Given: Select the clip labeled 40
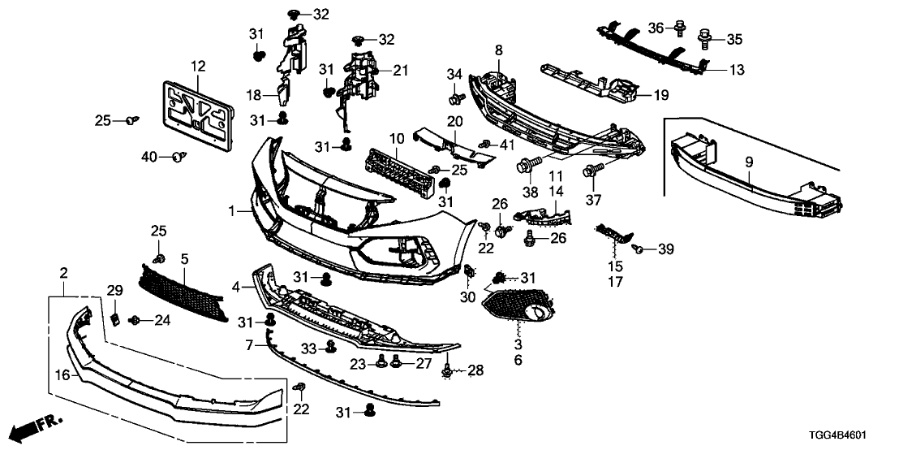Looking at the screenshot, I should (179, 156).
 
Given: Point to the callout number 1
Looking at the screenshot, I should (232, 211).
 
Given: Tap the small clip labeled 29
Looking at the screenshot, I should (114, 316).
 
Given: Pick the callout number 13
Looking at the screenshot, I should (735, 70).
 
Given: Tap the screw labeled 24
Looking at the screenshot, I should (135, 321).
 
